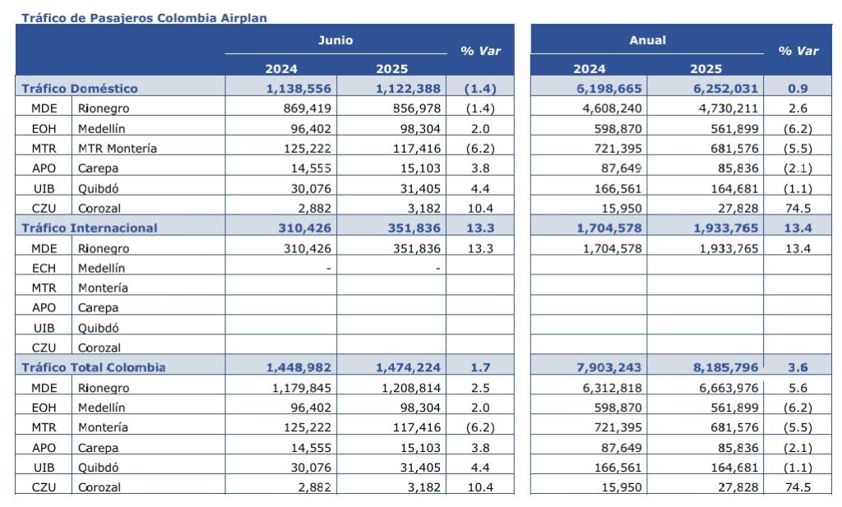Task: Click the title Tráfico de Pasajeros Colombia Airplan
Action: click(x=144, y=18)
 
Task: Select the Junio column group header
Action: click(x=335, y=40)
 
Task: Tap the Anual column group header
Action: click(x=648, y=40)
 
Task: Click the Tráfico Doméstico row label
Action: click(x=80, y=89)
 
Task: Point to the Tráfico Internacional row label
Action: click(x=89, y=228)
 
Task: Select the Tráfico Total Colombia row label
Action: click(x=94, y=367)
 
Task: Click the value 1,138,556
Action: click(x=298, y=89)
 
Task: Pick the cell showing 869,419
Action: click(x=308, y=108)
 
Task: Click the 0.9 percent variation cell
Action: click(x=798, y=89)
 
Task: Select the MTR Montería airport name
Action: click(x=118, y=148)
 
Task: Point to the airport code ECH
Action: click(x=44, y=268)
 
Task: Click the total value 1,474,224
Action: click(x=408, y=367)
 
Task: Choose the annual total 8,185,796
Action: click(x=725, y=367)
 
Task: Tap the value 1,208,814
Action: click(x=411, y=387)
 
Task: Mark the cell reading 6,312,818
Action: click(x=612, y=387)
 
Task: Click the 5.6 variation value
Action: click(x=798, y=387)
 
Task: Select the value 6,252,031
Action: click(x=725, y=89)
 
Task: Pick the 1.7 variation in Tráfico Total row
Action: click(x=480, y=367)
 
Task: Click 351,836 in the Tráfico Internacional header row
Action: click(x=414, y=228)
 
